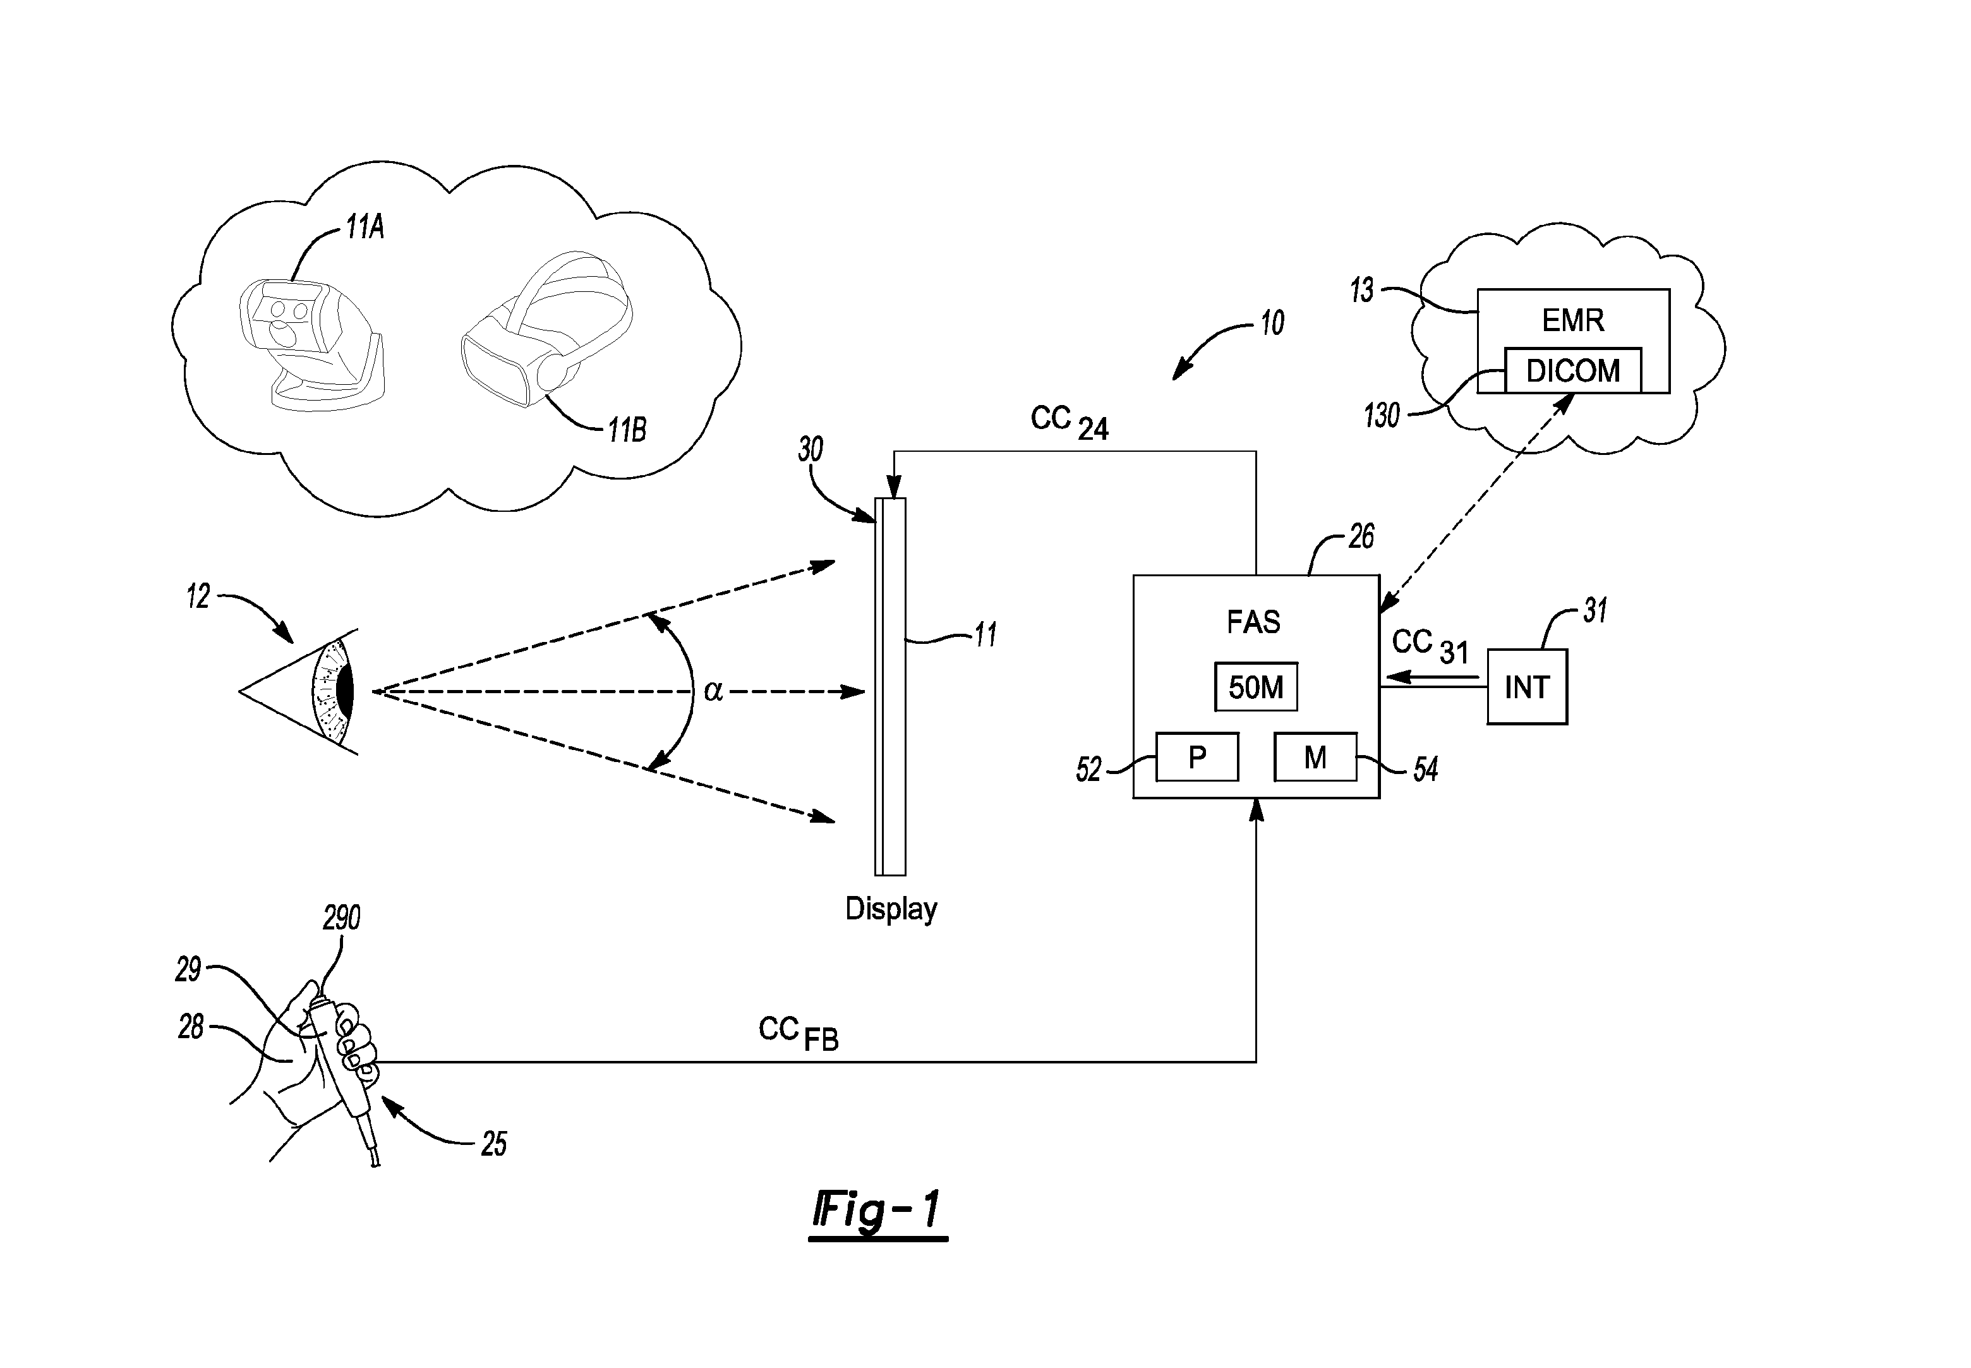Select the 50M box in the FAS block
pyautogui.click(x=1257, y=687)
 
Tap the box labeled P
pyautogui.click(x=1197, y=757)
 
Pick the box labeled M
pyautogui.click(x=1315, y=757)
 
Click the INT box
pyautogui.click(x=1527, y=687)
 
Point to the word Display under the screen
pyautogui.click(x=891, y=909)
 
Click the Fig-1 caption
pyautogui.click(x=877, y=1211)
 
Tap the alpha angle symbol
pyautogui.click(x=713, y=691)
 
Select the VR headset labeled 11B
pyautogui.click(x=546, y=329)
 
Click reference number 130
pyautogui.click(x=1382, y=416)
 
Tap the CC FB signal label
pyautogui.click(x=798, y=1033)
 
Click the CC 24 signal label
pyautogui.click(x=1070, y=423)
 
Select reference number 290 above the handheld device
pyautogui.click(x=341, y=918)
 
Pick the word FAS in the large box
pyautogui.click(x=1254, y=621)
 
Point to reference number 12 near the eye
pyautogui.click(x=198, y=596)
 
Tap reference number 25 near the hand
pyautogui.click(x=493, y=1144)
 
